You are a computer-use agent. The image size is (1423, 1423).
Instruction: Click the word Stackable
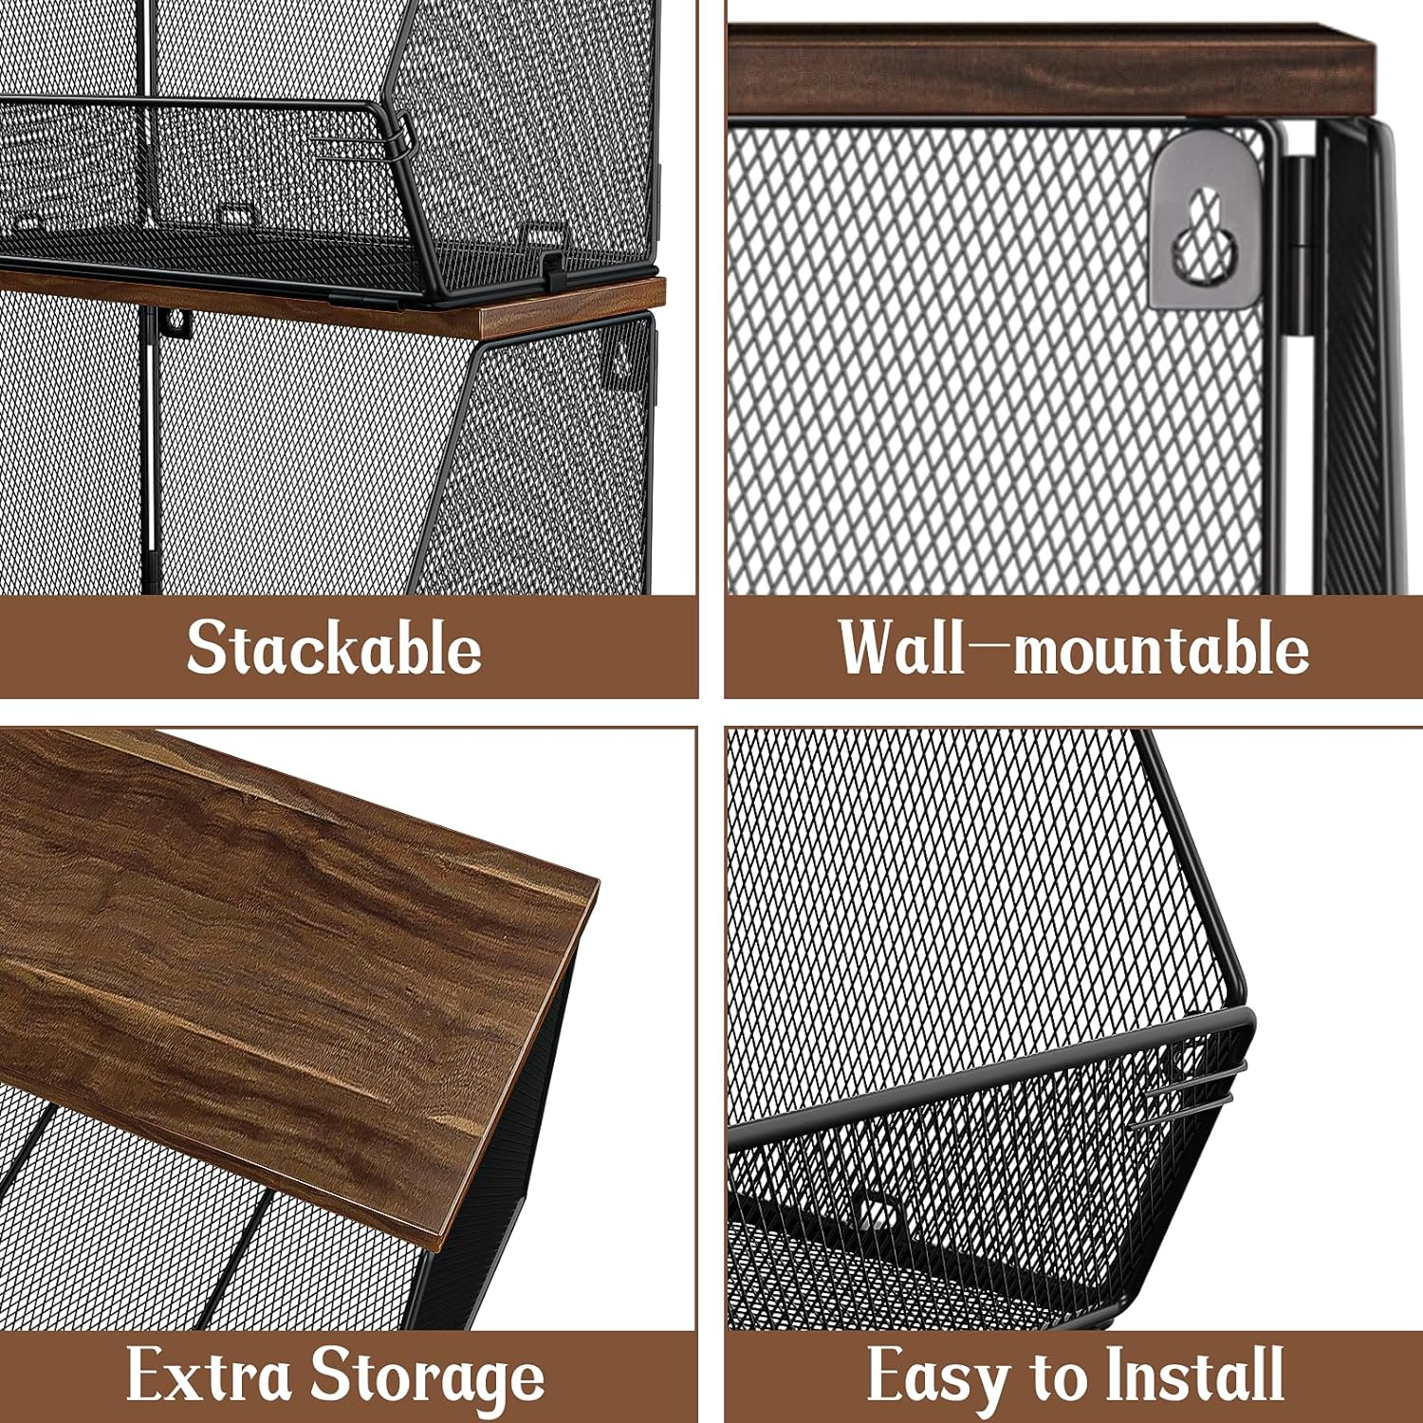point(334,649)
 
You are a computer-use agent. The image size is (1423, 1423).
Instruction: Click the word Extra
point(209,1375)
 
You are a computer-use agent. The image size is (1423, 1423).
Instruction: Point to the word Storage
point(429,1377)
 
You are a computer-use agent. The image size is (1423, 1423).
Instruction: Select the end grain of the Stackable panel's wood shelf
point(569,308)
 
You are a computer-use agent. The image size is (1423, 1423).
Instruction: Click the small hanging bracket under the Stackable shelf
point(176,323)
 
